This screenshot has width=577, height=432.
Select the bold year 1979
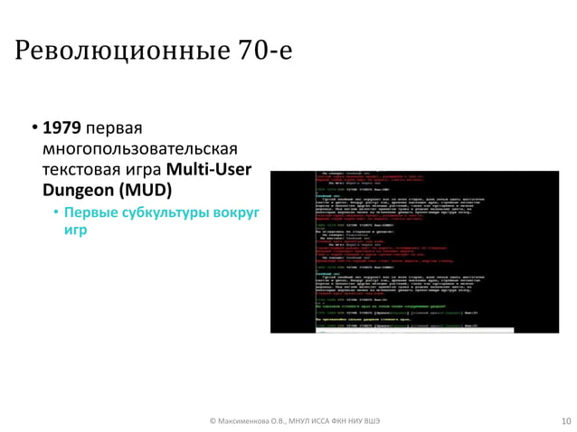click(61, 128)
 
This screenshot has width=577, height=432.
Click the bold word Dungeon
click(76, 191)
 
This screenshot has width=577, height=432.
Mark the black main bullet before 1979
click(33, 128)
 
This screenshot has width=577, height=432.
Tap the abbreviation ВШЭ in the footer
click(372, 420)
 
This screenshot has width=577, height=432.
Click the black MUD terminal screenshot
click(418, 250)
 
